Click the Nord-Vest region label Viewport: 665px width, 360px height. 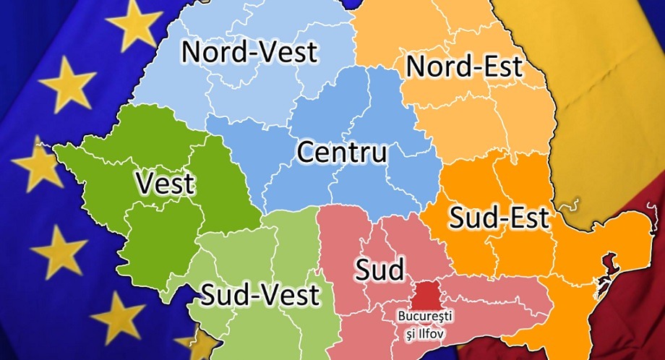tap(249, 52)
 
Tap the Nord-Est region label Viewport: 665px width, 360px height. tap(464, 67)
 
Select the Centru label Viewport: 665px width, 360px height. tap(342, 153)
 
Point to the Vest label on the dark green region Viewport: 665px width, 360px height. tap(165, 184)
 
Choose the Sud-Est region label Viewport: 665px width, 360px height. tap(499, 217)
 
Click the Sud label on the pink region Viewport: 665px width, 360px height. tap(379, 270)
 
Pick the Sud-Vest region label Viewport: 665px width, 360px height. tap(259, 295)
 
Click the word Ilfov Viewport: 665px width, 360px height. tap(431, 333)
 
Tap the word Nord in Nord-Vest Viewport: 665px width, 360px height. tap(212, 52)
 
